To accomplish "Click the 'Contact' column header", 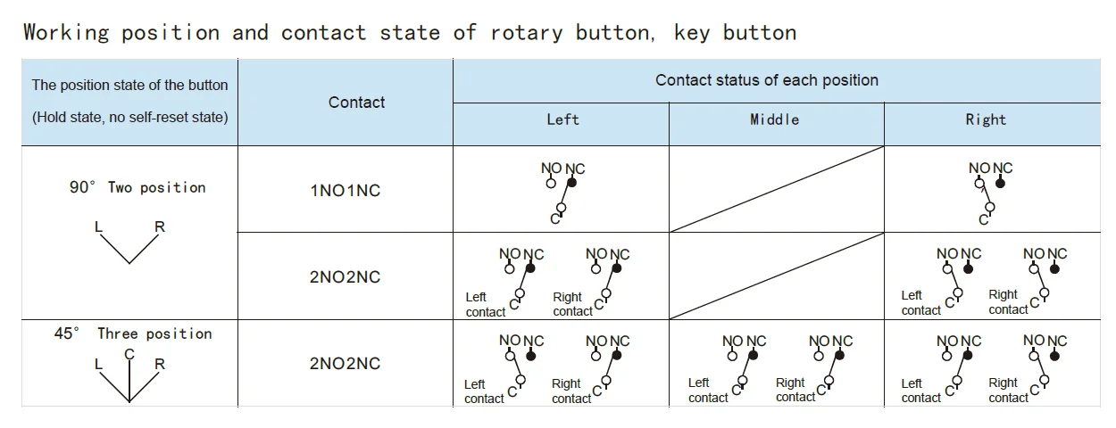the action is [x=356, y=103].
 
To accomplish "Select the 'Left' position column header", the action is [x=562, y=119].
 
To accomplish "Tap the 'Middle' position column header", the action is [x=774, y=119].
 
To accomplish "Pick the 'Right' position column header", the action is [x=986, y=119].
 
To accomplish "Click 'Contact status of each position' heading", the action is [x=767, y=80].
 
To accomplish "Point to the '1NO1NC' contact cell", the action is [x=345, y=191].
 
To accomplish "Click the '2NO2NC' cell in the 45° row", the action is [x=345, y=364].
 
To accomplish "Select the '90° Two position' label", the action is [x=137, y=188].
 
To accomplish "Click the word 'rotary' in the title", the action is [x=527, y=34].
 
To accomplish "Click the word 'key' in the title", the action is [x=692, y=34].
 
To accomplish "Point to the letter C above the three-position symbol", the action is [x=129, y=354].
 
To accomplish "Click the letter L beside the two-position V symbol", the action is [x=99, y=226].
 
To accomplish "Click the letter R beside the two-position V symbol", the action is [x=160, y=226].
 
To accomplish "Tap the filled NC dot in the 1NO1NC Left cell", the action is [x=572, y=183].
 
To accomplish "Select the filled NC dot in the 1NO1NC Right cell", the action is [x=1002, y=183].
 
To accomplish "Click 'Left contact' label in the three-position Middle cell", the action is [x=708, y=391].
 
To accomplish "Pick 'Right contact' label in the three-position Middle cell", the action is [x=795, y=391].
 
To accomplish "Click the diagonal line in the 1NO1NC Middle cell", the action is [x=776, y=189].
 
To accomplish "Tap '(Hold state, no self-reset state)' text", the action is [x=130, y=117].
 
